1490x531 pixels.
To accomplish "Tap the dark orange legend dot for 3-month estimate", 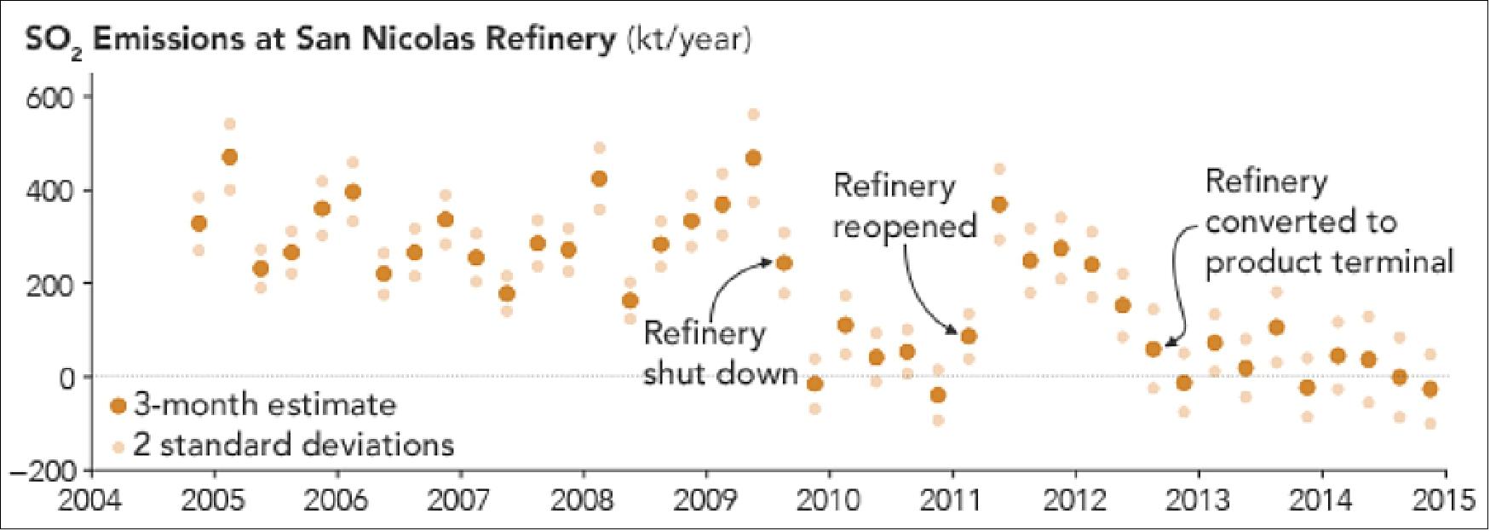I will pos(119,406).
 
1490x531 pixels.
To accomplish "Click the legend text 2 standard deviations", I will pos(293,445).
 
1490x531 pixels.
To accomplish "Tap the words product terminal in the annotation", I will pos(1329,262).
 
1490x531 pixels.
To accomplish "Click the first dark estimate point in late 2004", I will pos(198,223).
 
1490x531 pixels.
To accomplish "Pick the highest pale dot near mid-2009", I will pos(753,114).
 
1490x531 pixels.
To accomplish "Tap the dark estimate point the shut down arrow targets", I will pos(784,263).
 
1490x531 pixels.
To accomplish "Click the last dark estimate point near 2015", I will pos(1430,390).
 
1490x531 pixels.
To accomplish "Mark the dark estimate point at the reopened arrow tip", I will pos(969,337).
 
